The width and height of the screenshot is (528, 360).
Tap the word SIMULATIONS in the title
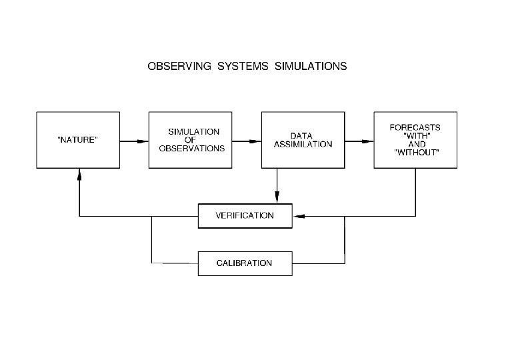click(311, 67)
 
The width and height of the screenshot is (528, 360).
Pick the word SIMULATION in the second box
click(193, 131)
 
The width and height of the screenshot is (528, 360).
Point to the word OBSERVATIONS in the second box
click(192, 148)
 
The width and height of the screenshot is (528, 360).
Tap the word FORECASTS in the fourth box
click(415, 127)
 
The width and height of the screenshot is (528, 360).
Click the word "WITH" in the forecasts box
click(415, 135)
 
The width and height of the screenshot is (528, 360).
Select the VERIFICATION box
click(245, 216)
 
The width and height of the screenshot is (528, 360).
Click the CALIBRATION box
click(245, 263)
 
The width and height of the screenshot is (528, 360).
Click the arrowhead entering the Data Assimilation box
click(257, 141)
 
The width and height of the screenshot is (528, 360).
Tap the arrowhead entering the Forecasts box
click(369, 141)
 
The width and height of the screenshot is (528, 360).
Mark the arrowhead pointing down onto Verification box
click(277, 198)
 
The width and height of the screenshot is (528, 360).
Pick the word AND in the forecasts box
click(415, 144)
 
